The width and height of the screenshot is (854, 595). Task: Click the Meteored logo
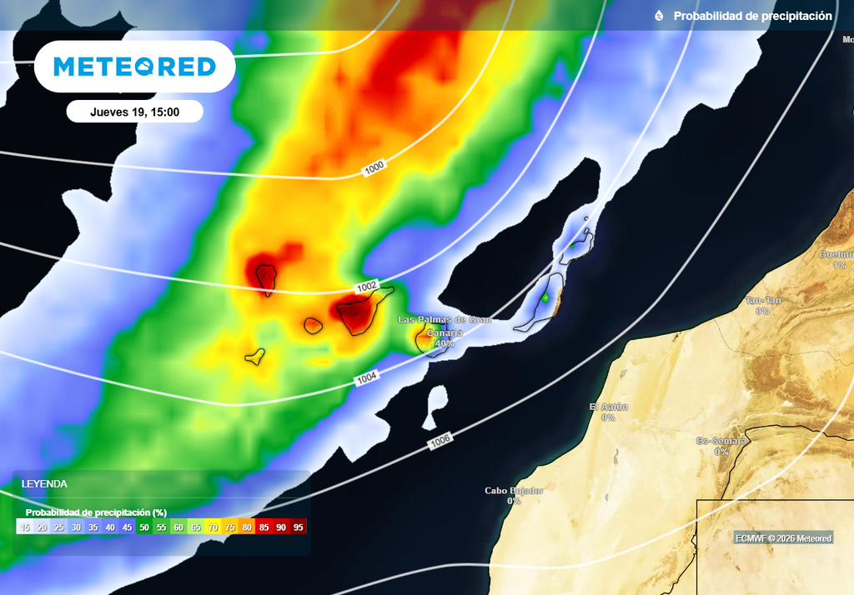pos(134,67)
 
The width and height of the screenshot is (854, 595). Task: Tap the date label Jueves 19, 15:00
pos(134,112)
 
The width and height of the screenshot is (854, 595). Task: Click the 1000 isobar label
pos(374,168)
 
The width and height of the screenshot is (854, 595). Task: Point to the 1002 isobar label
pos(367,287)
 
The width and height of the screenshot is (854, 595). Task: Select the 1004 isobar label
pos(367,378)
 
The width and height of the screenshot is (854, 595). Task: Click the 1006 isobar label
pos(441,442)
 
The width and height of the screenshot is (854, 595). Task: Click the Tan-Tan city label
pos(762,300)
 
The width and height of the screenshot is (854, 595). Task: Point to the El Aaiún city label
pos(608,407)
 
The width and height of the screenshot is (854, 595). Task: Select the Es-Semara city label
pos(721,441)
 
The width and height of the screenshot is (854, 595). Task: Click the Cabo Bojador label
pos(514,491)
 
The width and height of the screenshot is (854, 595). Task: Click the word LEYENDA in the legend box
pos(44,483)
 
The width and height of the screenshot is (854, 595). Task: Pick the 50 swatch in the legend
pos(144,527)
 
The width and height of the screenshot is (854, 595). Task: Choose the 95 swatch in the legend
pos(299,527)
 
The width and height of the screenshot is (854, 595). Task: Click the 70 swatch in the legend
pos(213,527)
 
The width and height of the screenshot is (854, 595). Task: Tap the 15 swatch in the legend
pos(25,527)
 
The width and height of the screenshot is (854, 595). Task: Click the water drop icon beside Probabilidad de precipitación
pos(659,16)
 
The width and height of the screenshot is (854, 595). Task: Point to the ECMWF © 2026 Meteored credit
pos(783,538)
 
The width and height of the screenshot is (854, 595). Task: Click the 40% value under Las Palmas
pos(444,343)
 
